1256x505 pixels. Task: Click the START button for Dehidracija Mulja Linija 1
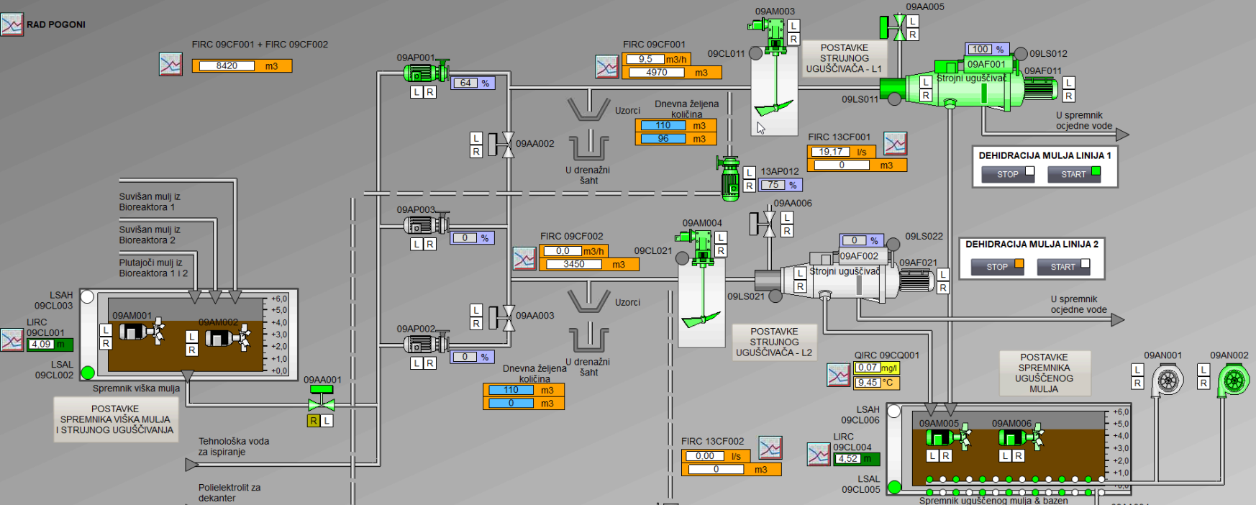tap(1073, 174)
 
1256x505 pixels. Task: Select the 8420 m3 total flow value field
tap(227, 65)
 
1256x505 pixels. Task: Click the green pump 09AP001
tap(424, 72)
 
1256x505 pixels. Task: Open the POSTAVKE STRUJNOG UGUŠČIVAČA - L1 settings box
tap(844, 58)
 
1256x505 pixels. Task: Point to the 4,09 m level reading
tap(42, 345)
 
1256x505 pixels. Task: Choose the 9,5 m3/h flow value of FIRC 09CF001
tap(645, 59)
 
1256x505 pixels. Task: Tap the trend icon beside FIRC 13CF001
tap(896, 144)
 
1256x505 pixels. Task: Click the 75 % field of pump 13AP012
tap(774, 185)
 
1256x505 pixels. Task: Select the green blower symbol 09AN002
tap(1234, 380)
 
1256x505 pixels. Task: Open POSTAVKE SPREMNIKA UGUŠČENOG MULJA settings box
tap(1045, 373)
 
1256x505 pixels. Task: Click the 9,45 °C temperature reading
tap(868, 383)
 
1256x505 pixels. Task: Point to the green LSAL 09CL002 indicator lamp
tap(88, 373)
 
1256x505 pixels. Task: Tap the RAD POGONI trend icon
tap(12, 24)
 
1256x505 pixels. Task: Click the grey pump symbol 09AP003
tap(424, 225)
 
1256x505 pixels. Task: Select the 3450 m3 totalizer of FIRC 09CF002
tap(574, 264)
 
